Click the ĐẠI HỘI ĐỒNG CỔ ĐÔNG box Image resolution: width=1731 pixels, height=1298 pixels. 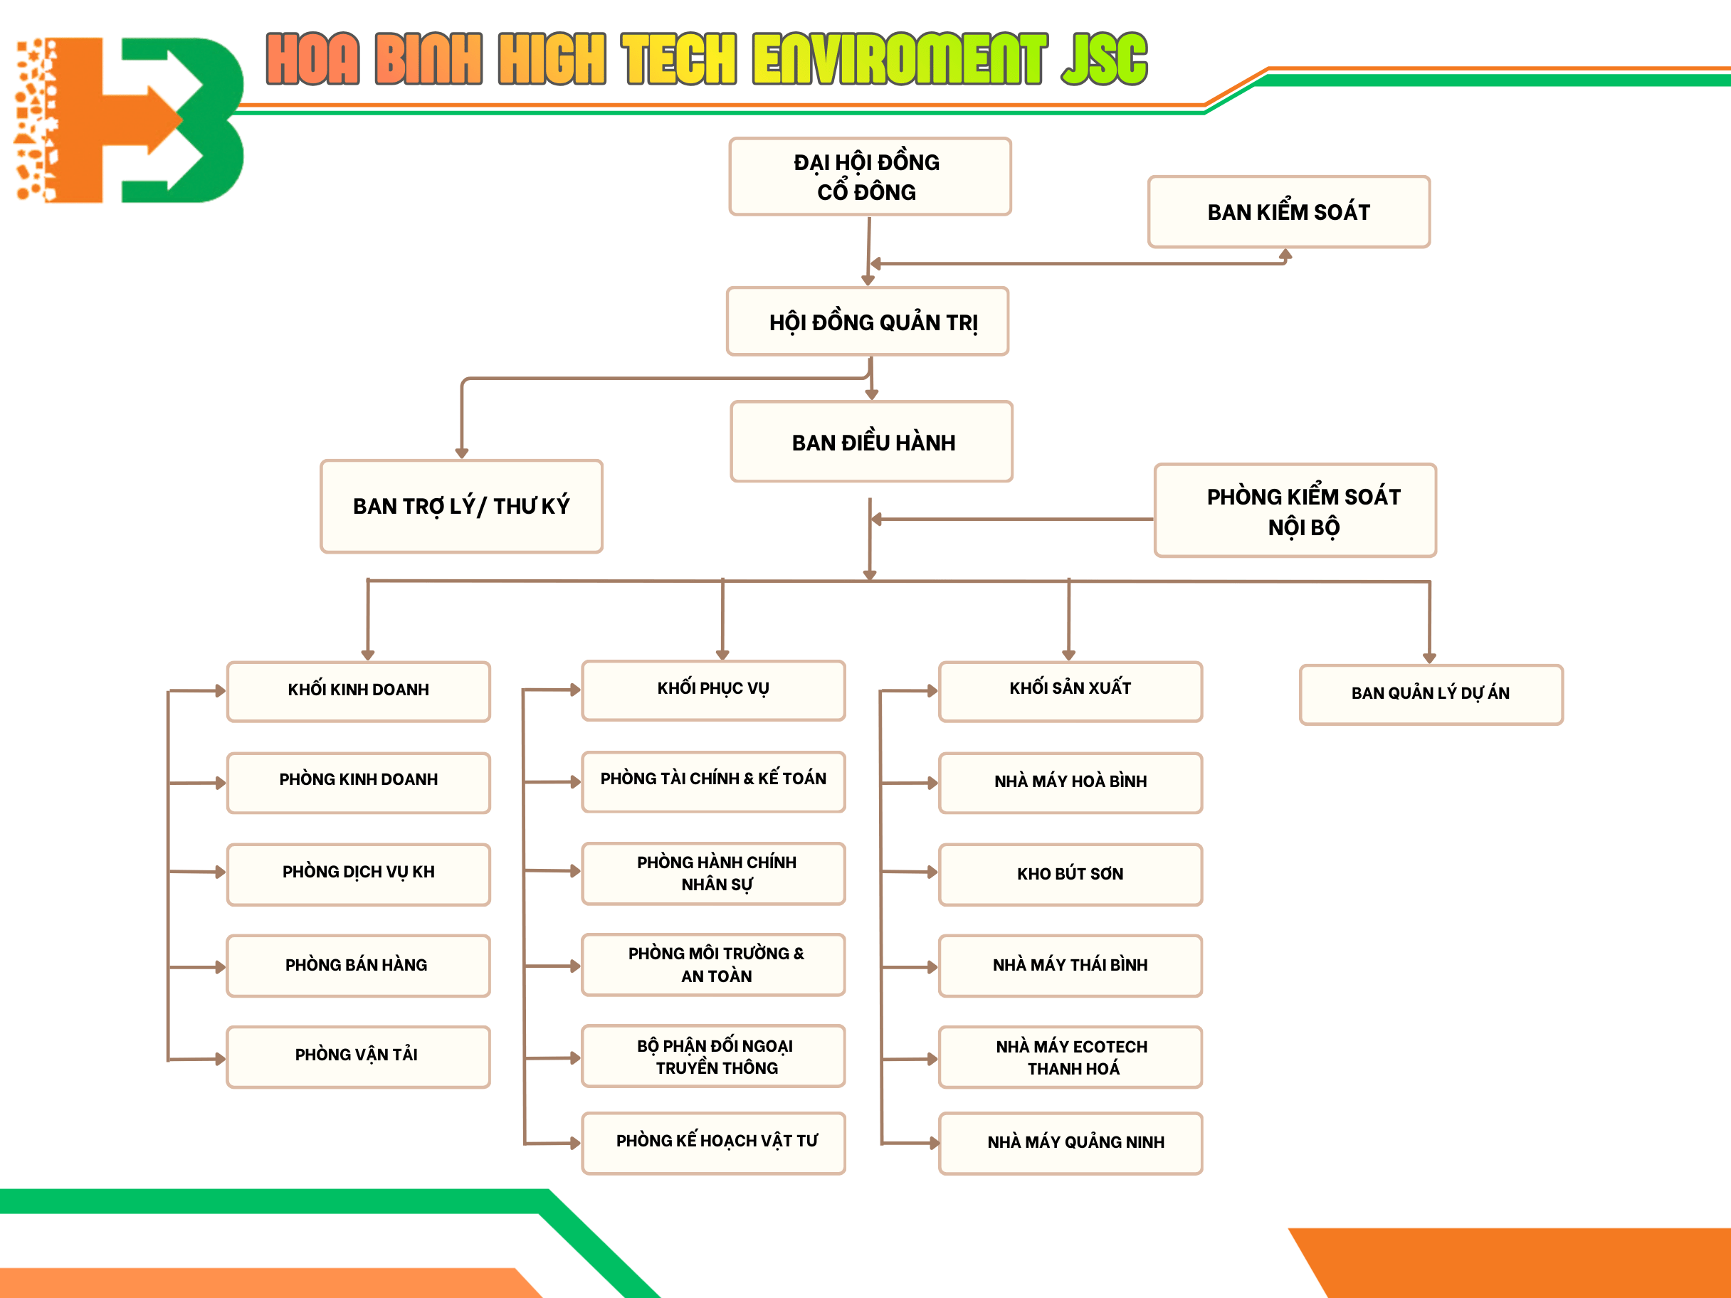869,176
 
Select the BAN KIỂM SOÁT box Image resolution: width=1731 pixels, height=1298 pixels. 1288,212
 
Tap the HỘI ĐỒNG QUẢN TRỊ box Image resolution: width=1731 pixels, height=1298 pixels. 867,322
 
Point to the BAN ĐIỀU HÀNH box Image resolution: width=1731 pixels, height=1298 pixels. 871,442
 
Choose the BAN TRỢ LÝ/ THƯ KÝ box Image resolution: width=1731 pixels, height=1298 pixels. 461,506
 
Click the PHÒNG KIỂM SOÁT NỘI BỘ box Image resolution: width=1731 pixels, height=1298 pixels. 1295,511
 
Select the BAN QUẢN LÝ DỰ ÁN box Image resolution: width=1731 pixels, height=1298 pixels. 1431,694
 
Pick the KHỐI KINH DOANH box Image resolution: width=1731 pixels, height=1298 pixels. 359,691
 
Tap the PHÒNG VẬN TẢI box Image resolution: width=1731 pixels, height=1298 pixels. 359,1056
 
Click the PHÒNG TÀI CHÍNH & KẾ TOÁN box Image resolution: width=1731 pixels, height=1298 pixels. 713,781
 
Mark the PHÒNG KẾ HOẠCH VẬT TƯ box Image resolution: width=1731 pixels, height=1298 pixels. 713,1142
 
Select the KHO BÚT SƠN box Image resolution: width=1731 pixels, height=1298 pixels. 1070,874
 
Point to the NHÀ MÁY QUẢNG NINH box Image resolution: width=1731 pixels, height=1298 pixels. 1070,1142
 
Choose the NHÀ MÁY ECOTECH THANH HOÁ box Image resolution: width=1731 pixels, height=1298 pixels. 1070,1057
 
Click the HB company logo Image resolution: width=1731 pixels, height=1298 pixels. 129,120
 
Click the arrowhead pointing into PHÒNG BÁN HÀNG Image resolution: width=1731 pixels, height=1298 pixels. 221,967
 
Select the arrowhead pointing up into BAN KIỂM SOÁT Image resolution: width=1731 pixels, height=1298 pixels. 1285,254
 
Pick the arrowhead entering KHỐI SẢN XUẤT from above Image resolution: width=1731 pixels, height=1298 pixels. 1068,655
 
